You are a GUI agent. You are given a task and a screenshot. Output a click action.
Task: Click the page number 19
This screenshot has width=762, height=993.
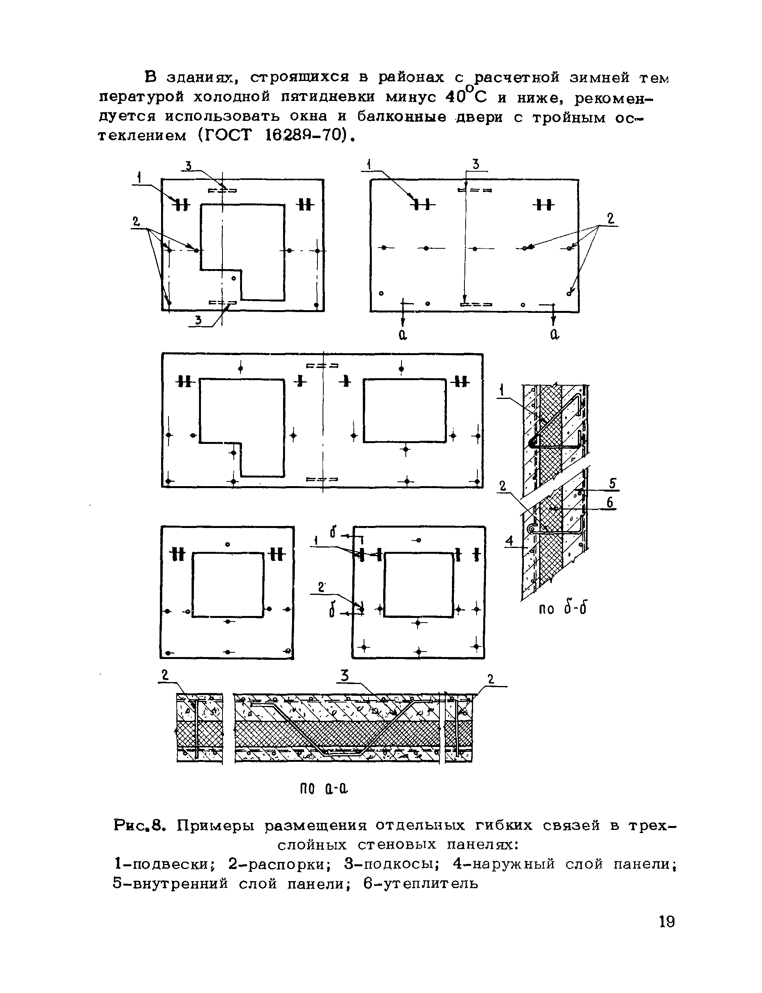click(x=667, y=922)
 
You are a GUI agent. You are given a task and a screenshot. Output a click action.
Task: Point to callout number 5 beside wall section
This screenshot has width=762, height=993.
click(x=612, y=483)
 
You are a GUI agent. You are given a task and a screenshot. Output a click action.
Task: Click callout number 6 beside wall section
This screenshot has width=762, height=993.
click(x=610, y=503)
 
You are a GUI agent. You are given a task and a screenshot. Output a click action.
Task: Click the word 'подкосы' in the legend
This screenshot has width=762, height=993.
click(x=399, y=864)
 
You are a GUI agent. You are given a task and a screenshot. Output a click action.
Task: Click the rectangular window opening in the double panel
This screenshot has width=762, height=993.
click(x=404, y=411)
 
